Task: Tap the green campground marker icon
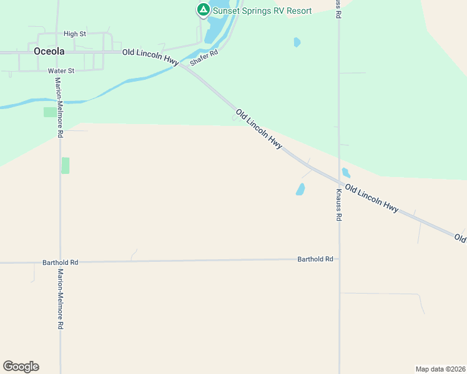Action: [203, 9]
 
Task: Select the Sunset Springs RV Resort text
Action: [262, 11]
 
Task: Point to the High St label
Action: [74, 34]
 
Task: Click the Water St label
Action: [61, 71]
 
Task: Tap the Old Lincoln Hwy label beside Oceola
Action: [150, 57]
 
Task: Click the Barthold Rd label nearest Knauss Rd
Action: [315, 259]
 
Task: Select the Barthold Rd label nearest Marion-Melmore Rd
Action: [60, 263]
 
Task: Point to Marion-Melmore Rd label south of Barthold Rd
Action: [61, 299]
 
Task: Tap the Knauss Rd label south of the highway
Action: [339, 205]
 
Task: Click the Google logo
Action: [21, 367]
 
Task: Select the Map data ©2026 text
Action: [440, 368]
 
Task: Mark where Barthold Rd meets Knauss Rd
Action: [339, 258]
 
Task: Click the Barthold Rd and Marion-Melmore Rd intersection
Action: [61, 262]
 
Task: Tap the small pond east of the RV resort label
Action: [297, 42]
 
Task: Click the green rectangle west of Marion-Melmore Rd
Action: [49, 112]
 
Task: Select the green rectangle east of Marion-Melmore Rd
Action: [66, 166]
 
